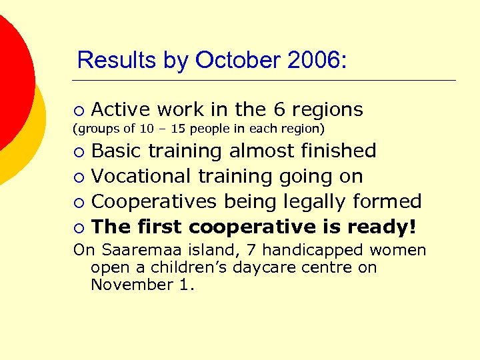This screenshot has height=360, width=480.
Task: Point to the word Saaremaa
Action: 133,251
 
